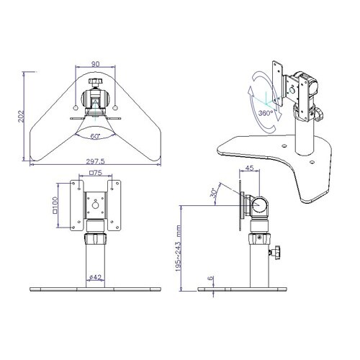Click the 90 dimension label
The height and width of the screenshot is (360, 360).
[x=95, y=64]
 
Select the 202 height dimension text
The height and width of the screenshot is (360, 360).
[x=22, y=116]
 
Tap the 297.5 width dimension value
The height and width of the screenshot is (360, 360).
[x=96, y=161]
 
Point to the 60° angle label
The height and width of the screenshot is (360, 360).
[x=95, y=136]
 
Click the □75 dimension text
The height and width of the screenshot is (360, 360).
[x=96, y=173]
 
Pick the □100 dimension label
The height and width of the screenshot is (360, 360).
[x=55, y=205]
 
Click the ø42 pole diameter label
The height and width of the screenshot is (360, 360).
[x=96, y=277]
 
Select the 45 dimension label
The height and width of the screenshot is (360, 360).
[x=250, y=168]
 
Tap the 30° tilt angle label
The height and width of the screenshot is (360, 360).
[x=213, y=192]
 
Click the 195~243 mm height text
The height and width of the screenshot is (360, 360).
[x=178, y=248]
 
